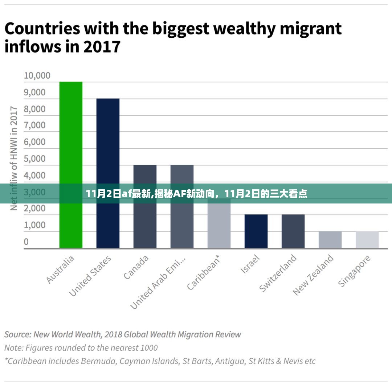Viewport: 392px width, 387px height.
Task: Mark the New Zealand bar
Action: tap(330, 240)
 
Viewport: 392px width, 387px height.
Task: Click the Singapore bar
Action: tap(367, 240)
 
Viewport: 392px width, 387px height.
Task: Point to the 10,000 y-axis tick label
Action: tap(37, 75)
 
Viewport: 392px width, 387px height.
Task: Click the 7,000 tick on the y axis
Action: tap(35, 125)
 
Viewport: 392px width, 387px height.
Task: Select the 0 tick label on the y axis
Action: tap(26, 242)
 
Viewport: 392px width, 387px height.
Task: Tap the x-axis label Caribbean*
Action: tap(204, 272)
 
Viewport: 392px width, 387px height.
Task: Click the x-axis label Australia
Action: tap(61, 269)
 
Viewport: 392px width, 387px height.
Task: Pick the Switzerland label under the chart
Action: tap(278, 273)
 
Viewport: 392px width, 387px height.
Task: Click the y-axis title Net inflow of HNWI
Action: tap(14, 158)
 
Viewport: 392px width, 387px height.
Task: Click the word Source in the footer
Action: tap(17, 334)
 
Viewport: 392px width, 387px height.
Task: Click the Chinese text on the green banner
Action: tap(196, 194)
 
